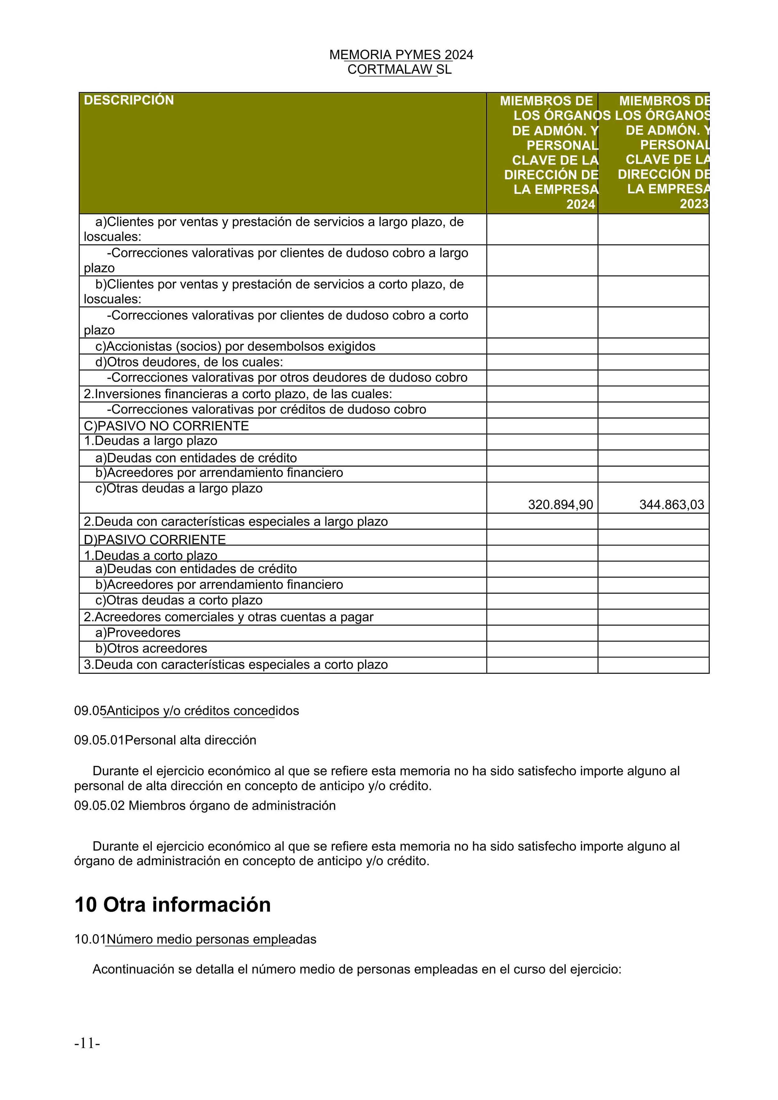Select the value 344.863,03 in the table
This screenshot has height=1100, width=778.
[x=671, y=505]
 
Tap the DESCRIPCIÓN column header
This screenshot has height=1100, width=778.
[x=129, y=100]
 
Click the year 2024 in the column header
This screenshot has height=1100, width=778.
[x=580, y=205]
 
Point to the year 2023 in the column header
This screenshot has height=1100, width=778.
[x=694, y=204]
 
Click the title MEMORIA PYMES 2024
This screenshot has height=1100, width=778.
[x=401, y=55]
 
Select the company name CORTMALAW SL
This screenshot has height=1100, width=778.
[x=399, y=70]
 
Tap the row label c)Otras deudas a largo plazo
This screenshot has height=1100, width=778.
[x=179, y=489]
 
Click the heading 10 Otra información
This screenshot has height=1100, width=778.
[x=173, y=905]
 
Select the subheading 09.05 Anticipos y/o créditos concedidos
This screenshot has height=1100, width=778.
[x=186, y=711]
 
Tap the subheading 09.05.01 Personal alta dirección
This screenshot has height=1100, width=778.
[x=165, y=740]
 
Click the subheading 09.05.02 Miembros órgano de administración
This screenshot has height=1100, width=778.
[x=205, y=805]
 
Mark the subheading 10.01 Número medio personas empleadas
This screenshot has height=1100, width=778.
[x=195, y=939]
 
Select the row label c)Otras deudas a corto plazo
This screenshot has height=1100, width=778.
[x=179, y=600]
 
